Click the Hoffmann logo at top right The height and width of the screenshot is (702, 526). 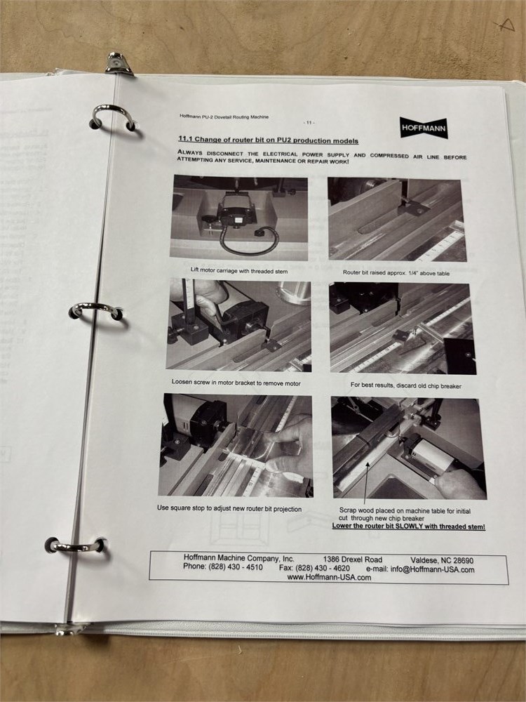click(x=424, y=128)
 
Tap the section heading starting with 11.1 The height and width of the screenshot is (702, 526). click(x=269, y=140)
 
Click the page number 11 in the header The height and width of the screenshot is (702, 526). click(x=309, y=122)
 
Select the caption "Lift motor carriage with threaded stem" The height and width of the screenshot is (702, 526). click(x=239, y=271)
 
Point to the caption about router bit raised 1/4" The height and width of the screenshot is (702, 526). click(x=396, y=272)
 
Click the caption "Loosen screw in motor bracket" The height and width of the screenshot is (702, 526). click(x=236, y=383)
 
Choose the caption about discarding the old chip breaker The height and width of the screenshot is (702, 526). click(x=405, y=385)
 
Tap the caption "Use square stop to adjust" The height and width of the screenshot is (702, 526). click(x=229, y=508)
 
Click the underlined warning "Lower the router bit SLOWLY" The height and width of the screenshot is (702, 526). click(x=408, y=526)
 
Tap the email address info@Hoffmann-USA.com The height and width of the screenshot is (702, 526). click(x=432, y=569)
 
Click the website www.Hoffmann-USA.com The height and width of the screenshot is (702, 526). click(x=329, y=578)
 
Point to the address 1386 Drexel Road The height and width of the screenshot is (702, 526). click(x=353, y=559)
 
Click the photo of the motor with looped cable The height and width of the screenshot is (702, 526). click(x=239, y=218)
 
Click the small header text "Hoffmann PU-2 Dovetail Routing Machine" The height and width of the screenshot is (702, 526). click(x=224, y=117)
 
